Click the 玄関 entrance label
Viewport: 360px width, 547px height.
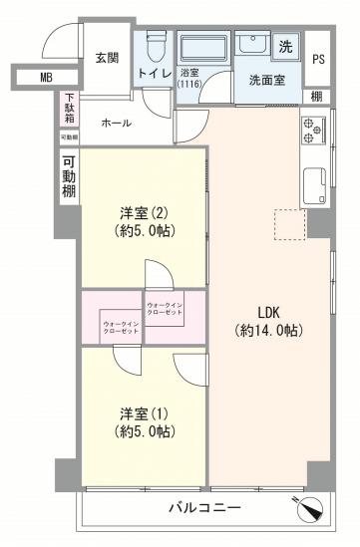(x=107, y=58)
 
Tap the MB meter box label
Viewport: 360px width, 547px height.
(x=46, y=77)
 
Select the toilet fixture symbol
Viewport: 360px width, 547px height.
(x=156, y=46)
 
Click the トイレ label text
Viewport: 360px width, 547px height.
(x=155, y=75)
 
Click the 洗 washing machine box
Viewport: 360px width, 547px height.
(x=286, y=45)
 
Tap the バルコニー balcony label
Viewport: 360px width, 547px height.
(x=203, y=508)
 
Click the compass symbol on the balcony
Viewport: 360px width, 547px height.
(x=311, y=507)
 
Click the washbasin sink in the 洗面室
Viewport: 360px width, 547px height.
(x=251, y=46)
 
